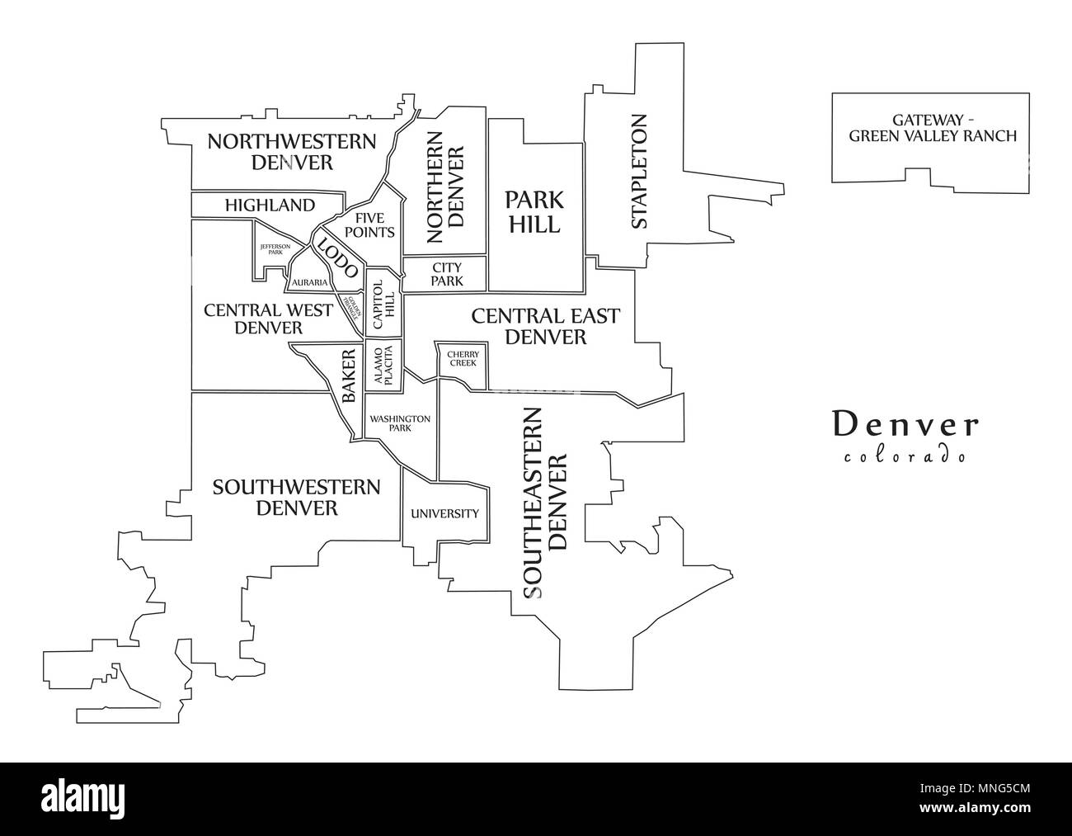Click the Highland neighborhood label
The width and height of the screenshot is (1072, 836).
click(269, 205)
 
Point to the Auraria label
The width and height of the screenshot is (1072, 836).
click(309, 282)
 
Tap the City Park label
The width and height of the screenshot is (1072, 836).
click(446, 274)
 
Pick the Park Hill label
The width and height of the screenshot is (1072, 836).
click(534, 211)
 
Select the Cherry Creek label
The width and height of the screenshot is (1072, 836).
click(463, 358)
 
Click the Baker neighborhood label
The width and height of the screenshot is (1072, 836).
click(349, 375)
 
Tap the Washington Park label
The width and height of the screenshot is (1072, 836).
click(399, 423)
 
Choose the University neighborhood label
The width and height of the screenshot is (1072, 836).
click(444, 513)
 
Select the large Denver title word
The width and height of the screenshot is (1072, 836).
click(905, 424)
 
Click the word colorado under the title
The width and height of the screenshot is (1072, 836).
click(905, 456)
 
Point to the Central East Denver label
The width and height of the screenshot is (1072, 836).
click(544, 326)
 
